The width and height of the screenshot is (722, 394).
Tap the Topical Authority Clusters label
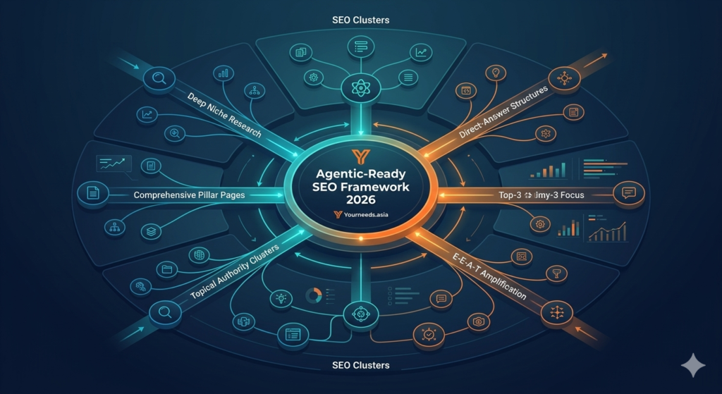tap(235, 271)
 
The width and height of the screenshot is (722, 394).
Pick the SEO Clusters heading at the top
tap(360, 20)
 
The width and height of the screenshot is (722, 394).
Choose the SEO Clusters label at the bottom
tap(360, 366)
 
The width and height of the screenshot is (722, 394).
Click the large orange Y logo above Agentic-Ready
tap(360, 156)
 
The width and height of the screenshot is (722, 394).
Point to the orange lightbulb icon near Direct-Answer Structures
tap(497, 72)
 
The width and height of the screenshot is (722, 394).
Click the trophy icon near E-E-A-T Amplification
tap(554, 272)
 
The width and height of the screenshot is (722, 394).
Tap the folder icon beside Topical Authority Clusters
tap(168, 269)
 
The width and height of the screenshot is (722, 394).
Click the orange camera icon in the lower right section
tap(479, 321)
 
